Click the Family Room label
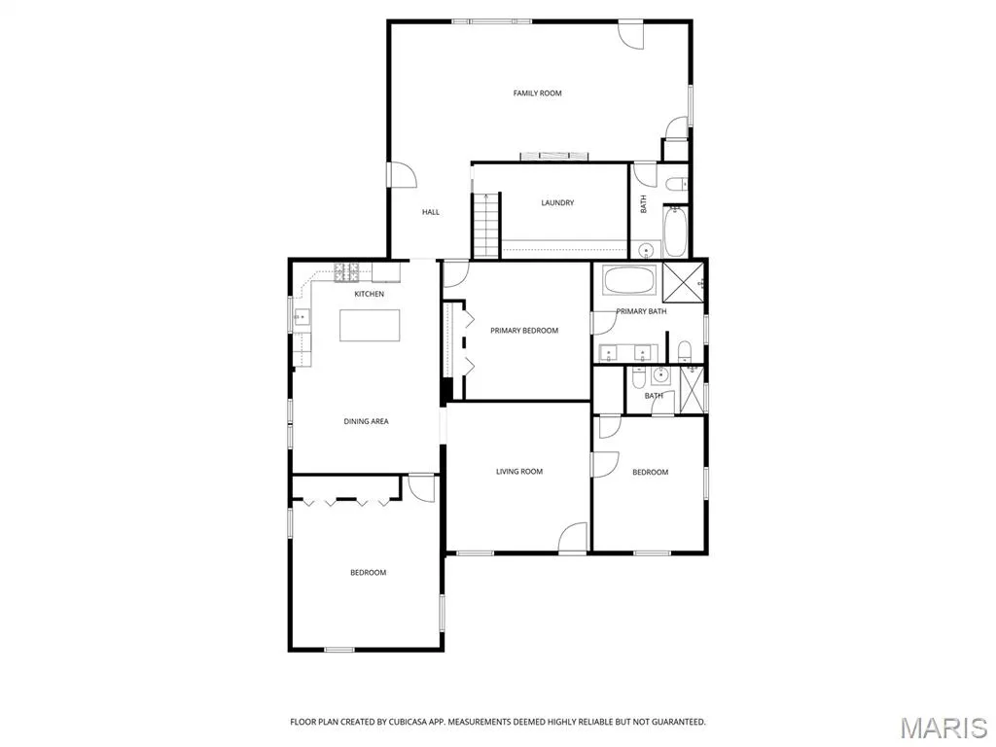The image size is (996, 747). click(537, 93)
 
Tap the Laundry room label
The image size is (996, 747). click(557, 202)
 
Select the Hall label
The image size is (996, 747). click(431, 212)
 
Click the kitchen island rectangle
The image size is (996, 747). click(370, 325)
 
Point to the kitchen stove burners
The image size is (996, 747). click(347, 272)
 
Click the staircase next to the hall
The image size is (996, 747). click(486, 225)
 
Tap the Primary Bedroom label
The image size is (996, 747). click(524, 331)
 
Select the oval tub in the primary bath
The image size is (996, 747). click(628, 280)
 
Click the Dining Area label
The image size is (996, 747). click(366, 421)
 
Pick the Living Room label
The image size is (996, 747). click(519, 472)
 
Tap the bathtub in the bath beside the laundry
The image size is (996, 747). click(675, 231)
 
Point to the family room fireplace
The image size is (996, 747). click(553, 157)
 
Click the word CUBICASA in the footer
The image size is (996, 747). click(408, 722)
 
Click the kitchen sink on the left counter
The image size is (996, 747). click(302, 316)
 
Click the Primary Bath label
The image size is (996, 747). click(641, 311)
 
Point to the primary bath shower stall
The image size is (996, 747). click(683, 283)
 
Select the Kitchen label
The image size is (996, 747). click(369, 294)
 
